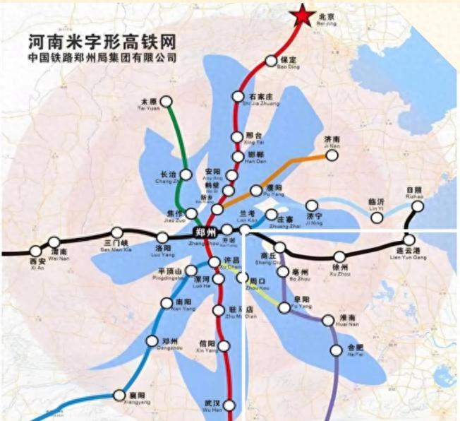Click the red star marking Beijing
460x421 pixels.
pos(302,16)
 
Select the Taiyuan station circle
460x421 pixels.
pos(167,102)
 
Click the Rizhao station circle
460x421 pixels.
pos(418,206)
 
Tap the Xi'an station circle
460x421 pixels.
pos(36,251)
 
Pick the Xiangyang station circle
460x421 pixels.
pos(117,394)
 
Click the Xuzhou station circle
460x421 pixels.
pos(340,257)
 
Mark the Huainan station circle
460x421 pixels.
pos(328,321)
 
